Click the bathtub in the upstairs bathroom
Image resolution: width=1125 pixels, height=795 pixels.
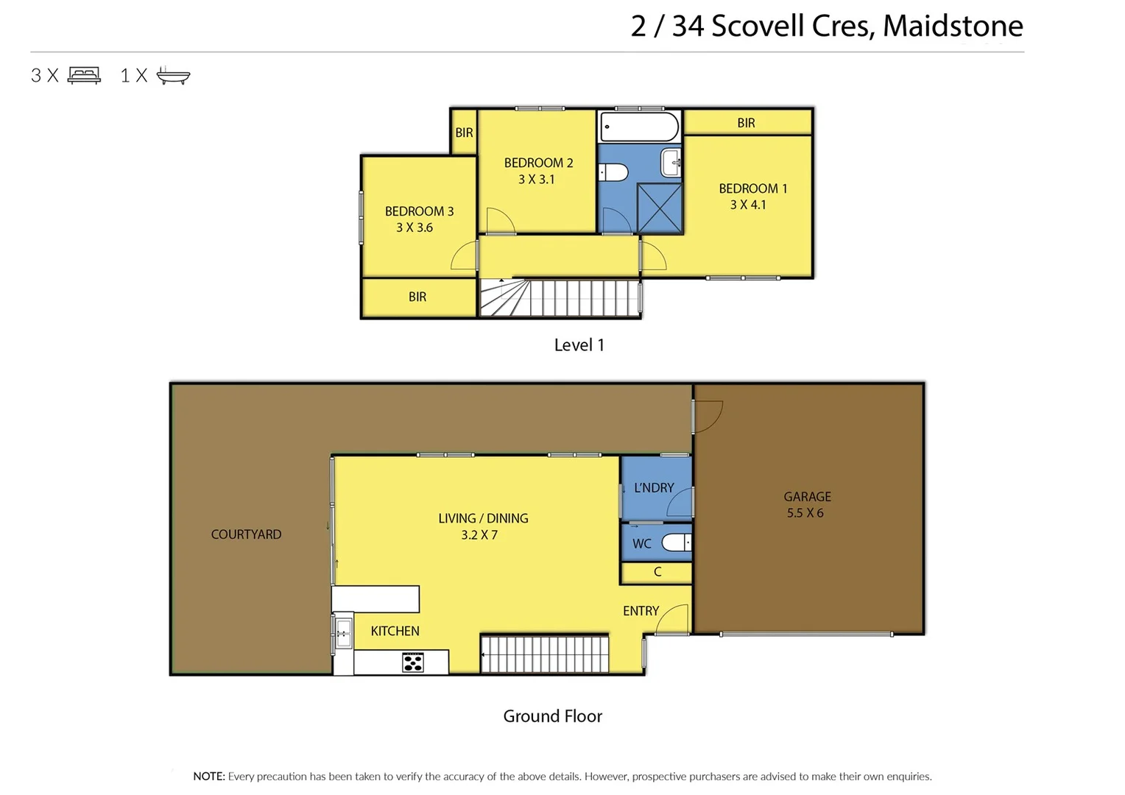coord(639,127)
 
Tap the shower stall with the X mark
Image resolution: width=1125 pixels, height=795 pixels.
coord(660,208)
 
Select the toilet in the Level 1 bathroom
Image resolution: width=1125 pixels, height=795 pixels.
coord(613,172)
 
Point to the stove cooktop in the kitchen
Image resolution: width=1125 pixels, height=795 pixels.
coord(413,662)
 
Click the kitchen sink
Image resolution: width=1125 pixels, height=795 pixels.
coord(343,632)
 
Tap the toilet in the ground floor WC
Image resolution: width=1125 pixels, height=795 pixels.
coord(676,543)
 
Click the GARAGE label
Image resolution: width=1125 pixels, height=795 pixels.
coord(807,497)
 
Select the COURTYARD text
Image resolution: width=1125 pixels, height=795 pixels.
coord(246,534)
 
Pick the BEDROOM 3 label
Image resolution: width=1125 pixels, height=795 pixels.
coord(419,211)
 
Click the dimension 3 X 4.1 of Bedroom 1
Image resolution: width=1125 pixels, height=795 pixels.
coord(748,205)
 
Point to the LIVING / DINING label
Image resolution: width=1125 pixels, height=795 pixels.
coord(483,518)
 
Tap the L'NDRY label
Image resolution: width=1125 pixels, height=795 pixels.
coord(654,487)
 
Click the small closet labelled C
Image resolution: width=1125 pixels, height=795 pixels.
coord(657,572)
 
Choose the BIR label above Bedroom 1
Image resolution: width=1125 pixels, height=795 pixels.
coord(746,123)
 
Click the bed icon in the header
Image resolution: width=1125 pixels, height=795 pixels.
coord(84,75)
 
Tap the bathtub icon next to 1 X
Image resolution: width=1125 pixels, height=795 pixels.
coord(173,75)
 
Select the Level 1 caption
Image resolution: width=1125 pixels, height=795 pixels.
coord(579,345)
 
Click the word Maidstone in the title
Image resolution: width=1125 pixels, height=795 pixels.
coord(953,26)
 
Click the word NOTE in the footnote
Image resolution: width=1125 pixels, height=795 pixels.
coord(208,776)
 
